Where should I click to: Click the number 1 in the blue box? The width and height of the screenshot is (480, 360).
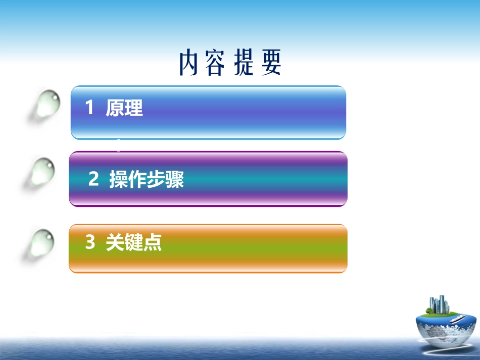click(89, 108)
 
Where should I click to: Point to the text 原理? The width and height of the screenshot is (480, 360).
click(124, 108)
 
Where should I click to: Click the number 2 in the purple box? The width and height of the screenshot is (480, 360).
click(93, 179)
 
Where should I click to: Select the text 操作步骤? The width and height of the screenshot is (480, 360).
click(147, 180)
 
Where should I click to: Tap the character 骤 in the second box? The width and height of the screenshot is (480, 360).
click(175, 180)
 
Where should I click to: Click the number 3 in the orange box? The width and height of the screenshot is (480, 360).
click(90, 243)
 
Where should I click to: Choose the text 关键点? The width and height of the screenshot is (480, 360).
click(134, 243)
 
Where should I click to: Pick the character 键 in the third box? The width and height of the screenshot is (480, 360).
click(134, 243)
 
